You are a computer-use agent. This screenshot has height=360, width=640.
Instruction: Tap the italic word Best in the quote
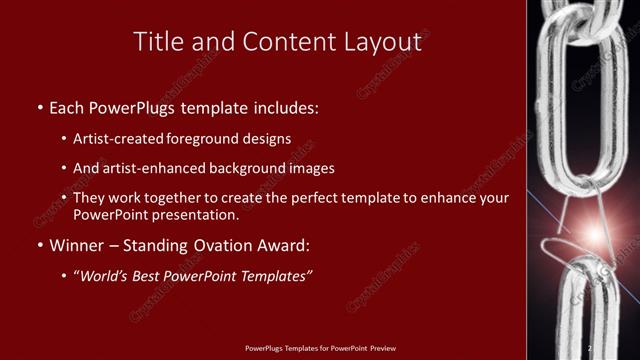160,275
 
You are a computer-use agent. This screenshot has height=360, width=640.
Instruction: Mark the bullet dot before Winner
39,245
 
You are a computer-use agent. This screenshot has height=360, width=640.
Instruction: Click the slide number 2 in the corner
590,348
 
